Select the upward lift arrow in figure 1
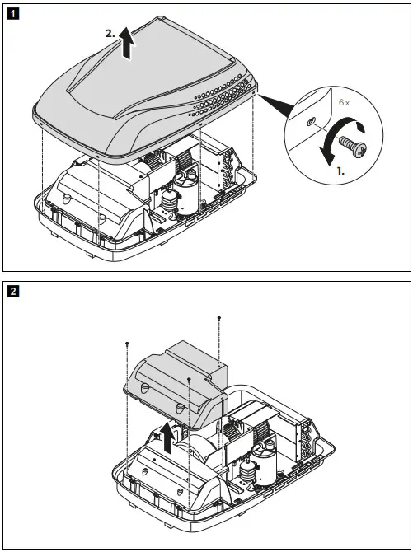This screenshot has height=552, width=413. (125, 42)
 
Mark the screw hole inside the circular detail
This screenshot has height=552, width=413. (308, 120)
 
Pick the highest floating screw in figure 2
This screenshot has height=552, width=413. (218, 317)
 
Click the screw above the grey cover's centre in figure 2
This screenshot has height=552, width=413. (190, 379)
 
